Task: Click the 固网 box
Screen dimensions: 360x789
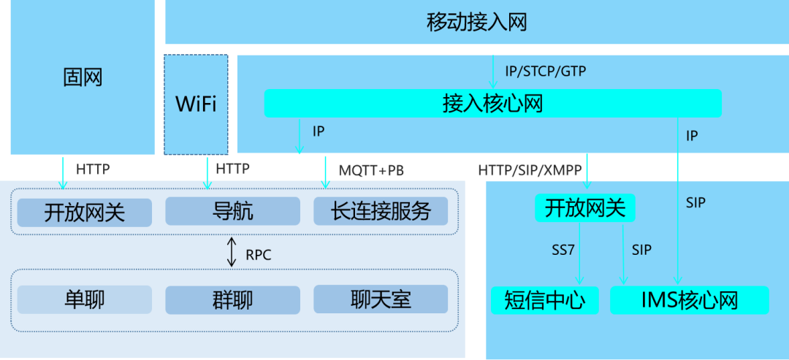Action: pos(83,77)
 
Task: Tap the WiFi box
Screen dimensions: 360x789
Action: pos(196,104)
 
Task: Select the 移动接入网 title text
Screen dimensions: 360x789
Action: pos(476,22)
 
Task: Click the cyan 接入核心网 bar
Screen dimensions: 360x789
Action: pos(492,103)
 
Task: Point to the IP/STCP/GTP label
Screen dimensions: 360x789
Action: pos(545,72)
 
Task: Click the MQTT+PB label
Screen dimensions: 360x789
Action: pos(371,170)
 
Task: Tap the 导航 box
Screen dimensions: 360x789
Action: pos(232,212)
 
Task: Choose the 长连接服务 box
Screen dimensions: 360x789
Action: pos(381,212)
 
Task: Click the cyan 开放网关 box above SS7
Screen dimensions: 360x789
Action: pos(585,208)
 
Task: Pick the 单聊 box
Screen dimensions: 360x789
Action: pos(85,299)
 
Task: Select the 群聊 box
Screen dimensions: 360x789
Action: pos(232,299)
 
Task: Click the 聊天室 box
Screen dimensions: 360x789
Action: pos(381,299)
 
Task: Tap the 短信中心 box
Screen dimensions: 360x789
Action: pos(544,300)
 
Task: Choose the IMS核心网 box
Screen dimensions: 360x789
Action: pos(690,300)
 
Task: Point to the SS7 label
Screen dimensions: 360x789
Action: pos(563,250)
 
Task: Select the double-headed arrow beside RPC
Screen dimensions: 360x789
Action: pos(232,252)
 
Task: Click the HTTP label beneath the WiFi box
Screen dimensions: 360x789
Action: pos(232,169)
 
